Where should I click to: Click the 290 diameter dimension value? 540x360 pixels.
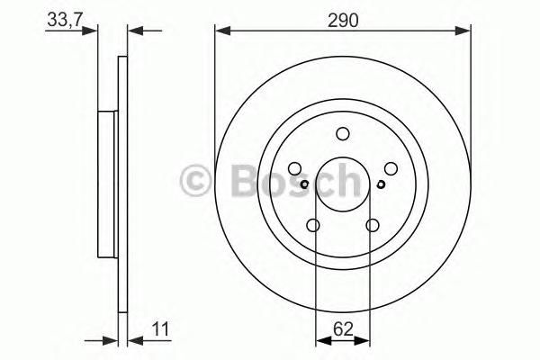coord(343,21)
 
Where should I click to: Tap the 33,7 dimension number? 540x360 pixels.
coord(65,20)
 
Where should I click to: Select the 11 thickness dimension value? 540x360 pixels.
coord(161,329)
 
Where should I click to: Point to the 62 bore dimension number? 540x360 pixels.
coord(344,329)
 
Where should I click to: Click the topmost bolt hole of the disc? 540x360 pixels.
coord(343,134)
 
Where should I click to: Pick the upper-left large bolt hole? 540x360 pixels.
coord(294,169)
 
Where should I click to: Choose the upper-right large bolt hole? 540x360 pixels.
coord(391,169)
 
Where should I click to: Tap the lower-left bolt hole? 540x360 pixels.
coord(313,226)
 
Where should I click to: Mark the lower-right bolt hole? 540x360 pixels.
coord(373,226)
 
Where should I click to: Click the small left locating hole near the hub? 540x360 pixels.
coord(304,184)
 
